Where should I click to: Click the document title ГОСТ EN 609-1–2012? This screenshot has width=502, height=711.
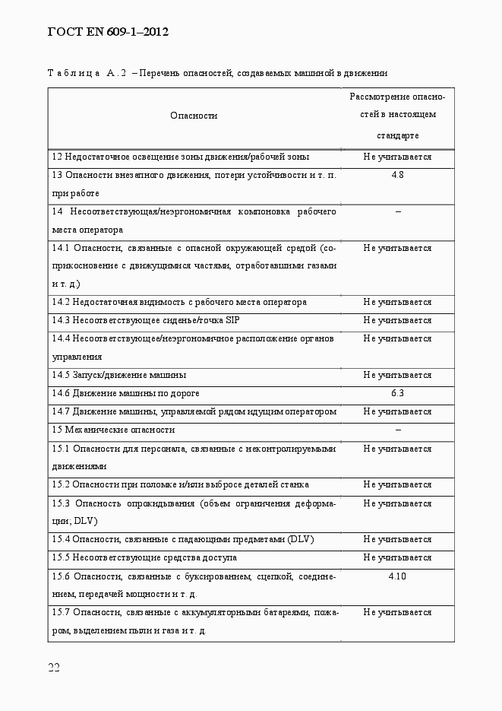coord(107,32)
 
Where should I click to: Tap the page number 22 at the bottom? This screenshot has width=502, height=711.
coord(54,667)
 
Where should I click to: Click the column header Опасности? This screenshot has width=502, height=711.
coord(194,116)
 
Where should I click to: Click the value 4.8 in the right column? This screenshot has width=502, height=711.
coord(397,175)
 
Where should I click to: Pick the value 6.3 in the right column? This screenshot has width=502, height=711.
coord(397,393)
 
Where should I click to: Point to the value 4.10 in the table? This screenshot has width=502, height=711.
coord(397,576)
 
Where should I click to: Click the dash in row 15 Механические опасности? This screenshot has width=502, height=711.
coord(397,430)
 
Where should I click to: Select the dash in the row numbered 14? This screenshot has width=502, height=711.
coord(397,211)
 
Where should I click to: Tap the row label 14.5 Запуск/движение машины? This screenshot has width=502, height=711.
coord(119,375)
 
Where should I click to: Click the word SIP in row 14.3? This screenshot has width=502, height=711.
coord(232,320)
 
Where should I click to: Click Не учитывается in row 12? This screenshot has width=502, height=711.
coord(397,157)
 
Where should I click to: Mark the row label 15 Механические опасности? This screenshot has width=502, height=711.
coord(113,430)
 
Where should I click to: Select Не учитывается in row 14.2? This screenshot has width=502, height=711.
coord(397,302)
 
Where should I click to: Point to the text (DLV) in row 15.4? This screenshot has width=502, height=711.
coord(301,539)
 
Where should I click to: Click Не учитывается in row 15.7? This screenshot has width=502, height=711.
coord(397,612)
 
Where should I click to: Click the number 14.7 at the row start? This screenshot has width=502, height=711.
coord(61,411)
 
